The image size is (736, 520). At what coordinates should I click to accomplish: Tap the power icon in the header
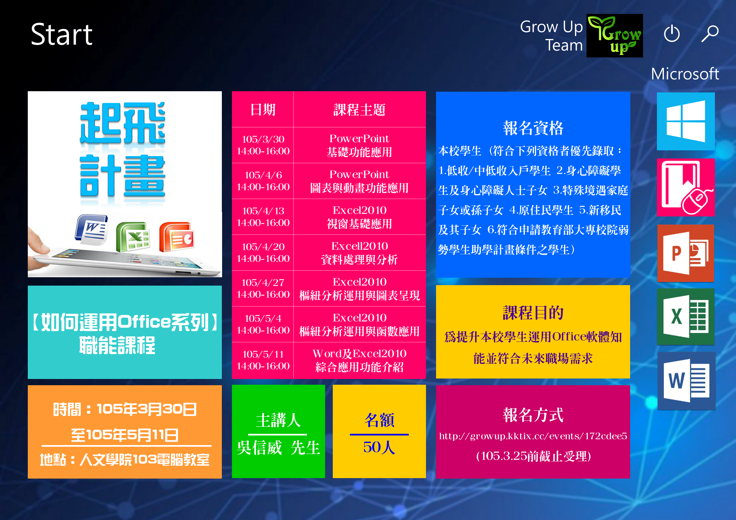coord(672,34)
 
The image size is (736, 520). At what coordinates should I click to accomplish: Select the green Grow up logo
coord(615,36)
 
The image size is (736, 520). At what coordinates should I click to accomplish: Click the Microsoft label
coord(685,74)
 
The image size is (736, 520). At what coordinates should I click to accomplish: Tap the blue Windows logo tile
coord(686,121)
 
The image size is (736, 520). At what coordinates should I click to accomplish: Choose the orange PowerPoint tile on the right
coord(686,253)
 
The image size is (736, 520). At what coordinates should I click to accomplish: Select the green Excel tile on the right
coord(686,317)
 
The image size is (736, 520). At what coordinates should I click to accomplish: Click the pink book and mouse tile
coord(686,187)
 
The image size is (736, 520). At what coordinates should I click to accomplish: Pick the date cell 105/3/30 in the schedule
coord(263,145)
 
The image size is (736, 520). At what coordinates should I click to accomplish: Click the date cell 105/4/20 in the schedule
coord(263,253)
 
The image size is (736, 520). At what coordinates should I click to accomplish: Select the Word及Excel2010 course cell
coord(359,360)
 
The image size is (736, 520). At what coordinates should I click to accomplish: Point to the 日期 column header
coord(263,110)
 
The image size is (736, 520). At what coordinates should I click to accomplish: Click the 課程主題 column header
coord(359,110)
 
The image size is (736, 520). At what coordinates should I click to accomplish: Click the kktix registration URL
coord(533,436)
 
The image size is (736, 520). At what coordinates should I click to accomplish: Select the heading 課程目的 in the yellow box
coord(533,313)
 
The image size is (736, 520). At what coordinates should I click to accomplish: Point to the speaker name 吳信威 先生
coord(278,448)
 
